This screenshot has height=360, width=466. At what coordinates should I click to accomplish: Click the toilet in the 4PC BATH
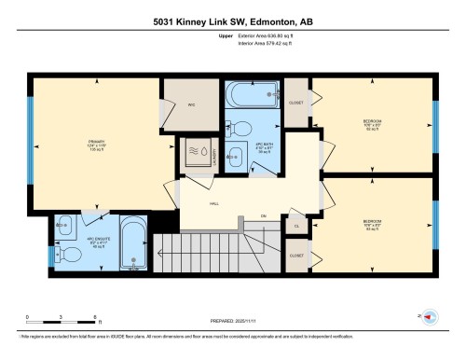pyautogui.click(x=241, y=129)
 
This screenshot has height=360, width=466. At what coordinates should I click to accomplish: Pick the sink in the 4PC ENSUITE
pyautogui.click(x=62, y=226)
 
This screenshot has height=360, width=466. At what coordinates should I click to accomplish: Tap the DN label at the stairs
pyautogui.click(x=264, y=215)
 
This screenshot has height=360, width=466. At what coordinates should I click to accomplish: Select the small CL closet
pyautogui.click(x=296, y=226)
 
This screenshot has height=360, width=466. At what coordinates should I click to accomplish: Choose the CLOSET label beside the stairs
pyautogui.click(x=296, y=255)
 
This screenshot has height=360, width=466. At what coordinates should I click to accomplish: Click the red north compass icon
pyautogui.click(x=429, y=316)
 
